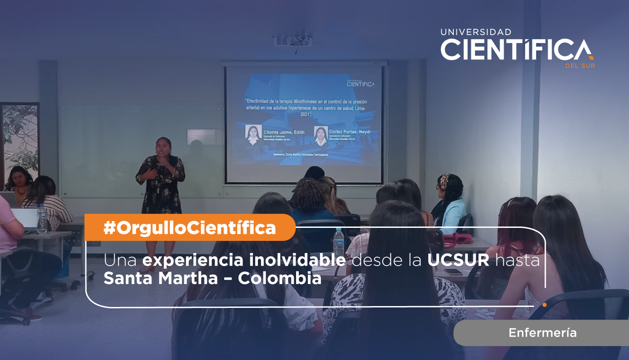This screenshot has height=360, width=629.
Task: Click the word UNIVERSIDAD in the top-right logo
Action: (x=476, y=32)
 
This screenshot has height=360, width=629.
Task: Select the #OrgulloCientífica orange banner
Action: (x=189, y=228)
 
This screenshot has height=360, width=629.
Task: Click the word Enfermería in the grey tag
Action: (x=542, y=333)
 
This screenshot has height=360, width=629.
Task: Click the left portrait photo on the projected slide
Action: (x=253, y=135)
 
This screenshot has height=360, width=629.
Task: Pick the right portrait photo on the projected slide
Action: (x=321, y=136)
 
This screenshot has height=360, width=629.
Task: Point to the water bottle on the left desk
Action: (x=42, y=219)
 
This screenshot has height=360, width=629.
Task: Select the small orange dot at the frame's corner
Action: (x=545, y=305)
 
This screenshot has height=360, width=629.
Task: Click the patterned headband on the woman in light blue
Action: (x=444, y=181)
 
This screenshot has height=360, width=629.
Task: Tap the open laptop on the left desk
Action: (x=25, y=218)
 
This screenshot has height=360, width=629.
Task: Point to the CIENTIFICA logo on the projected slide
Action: (x=360, y=83)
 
